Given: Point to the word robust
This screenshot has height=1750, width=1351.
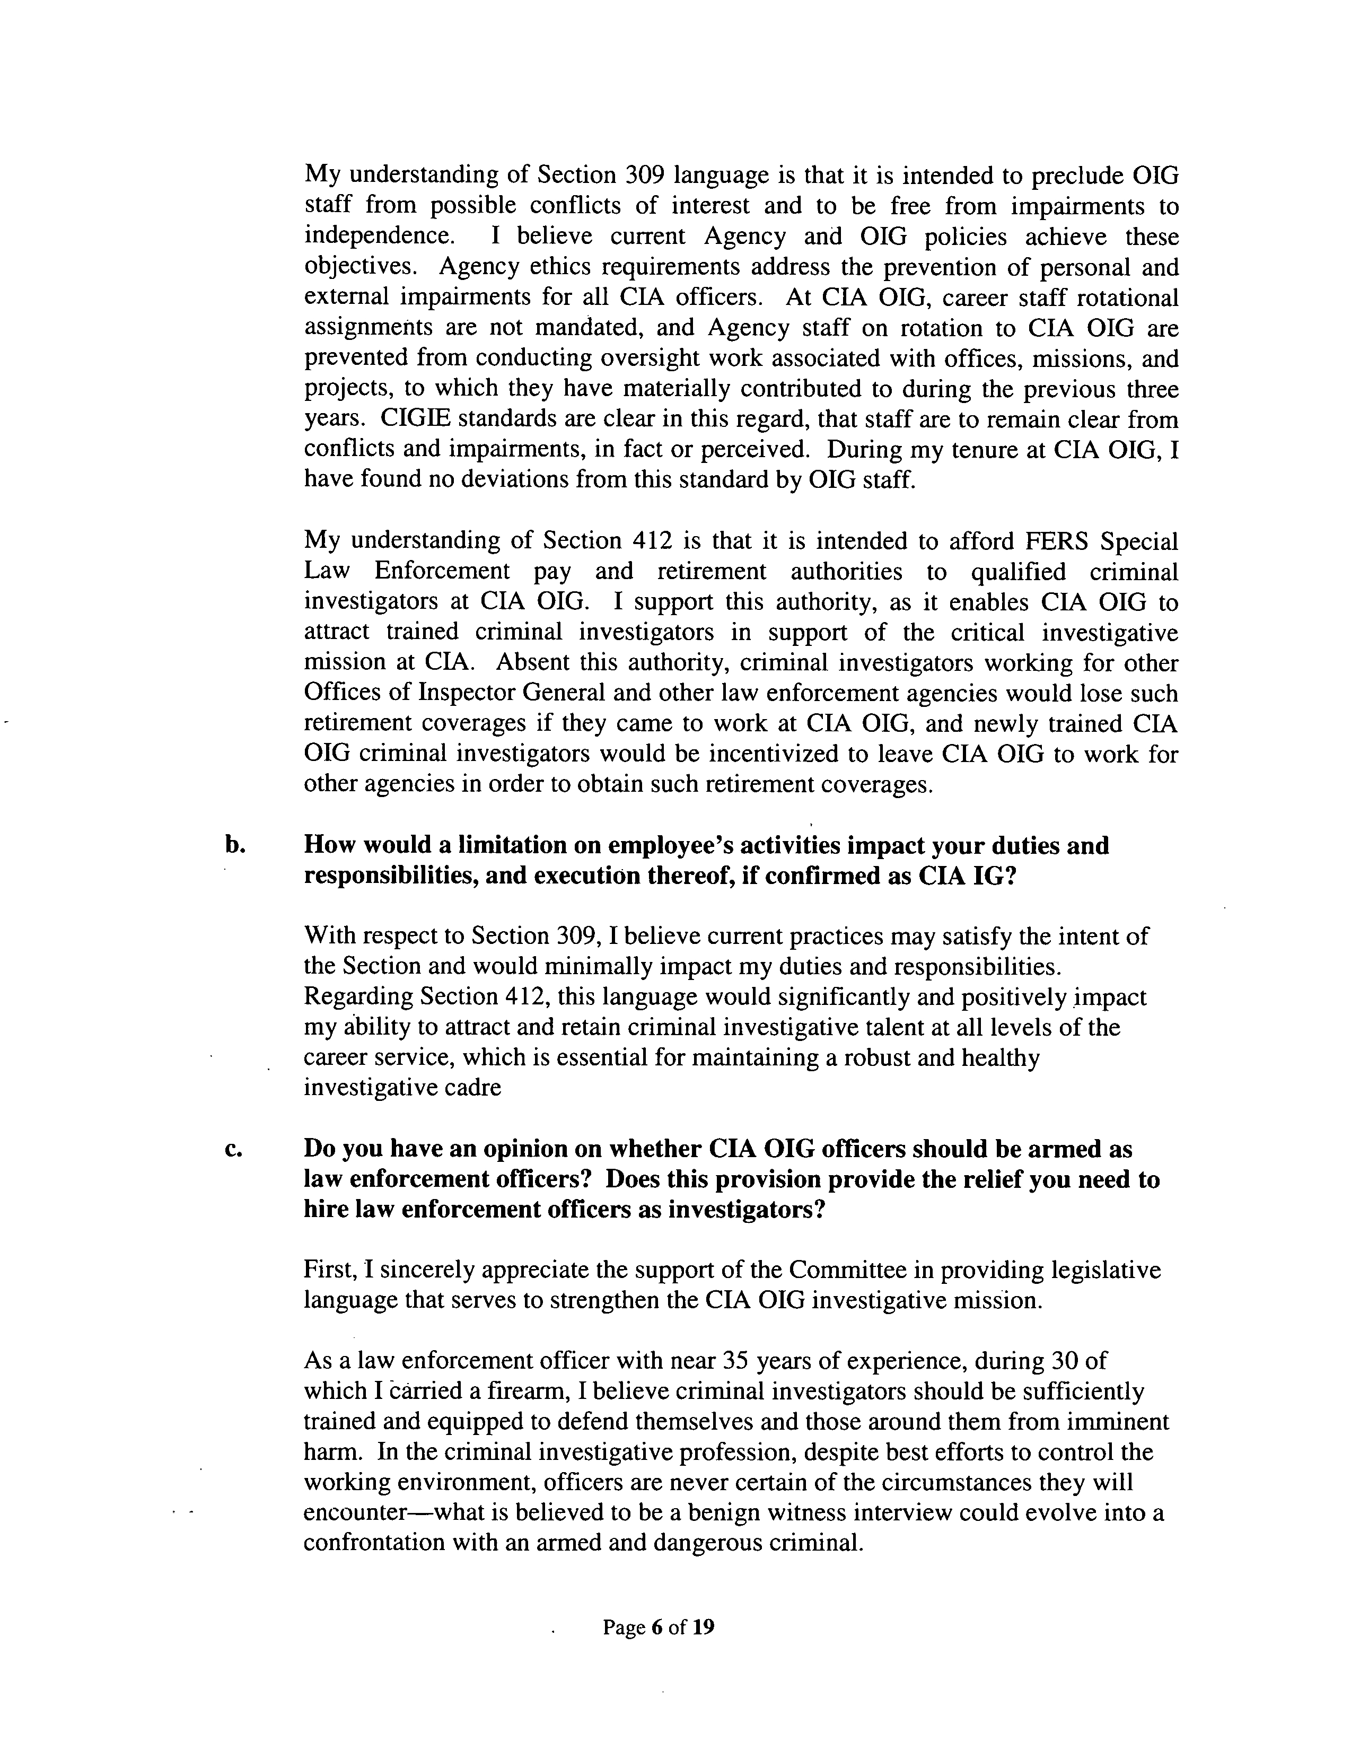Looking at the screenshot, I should point(873,1058).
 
